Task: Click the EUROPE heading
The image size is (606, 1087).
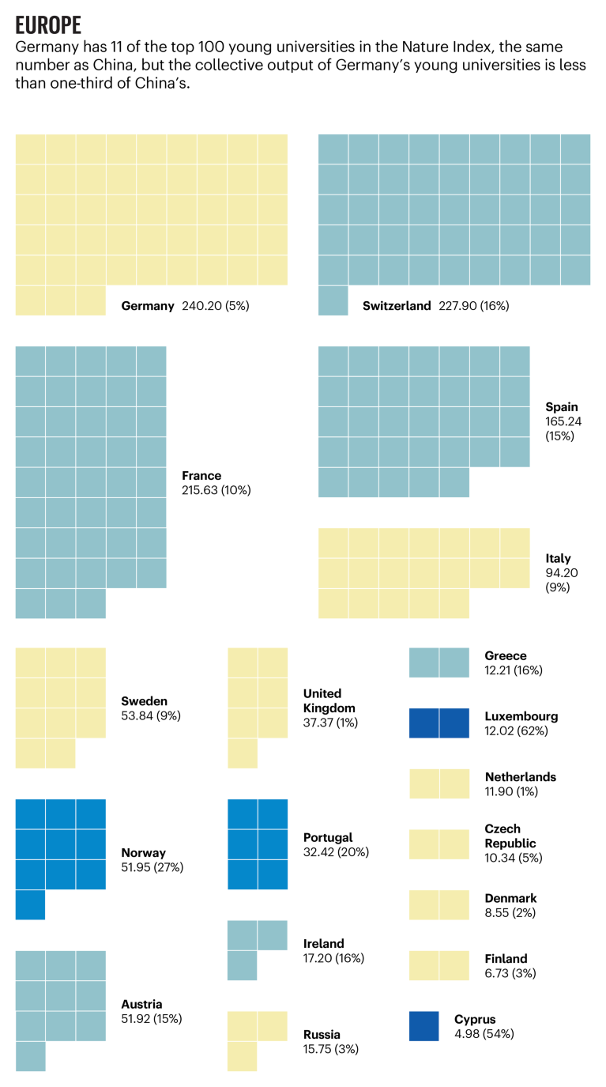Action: pyautogui.click(x=48, y=25)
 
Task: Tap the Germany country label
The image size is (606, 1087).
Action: pyautogui.click(x=148, y=306)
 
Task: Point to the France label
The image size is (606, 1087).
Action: pyautogui.click(x=201, y=476)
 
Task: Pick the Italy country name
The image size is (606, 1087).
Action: pyautogui.click(x=558, y=558)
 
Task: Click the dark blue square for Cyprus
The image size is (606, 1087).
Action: pyautogui.click(x=424, y=1026)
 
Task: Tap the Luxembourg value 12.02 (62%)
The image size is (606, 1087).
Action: pyautogui.click(x=517, y=731)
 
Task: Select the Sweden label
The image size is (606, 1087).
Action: pyautogui.click(x=144, y=701)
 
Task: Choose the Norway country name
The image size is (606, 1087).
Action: pyautogui.click(x=143, y=853)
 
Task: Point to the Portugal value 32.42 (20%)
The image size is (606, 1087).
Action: pyautogui.click(x=336, y=852)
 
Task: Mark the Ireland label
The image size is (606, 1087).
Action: pyautogui.click(x=324, y=944)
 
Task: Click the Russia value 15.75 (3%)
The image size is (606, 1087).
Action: pyautogui.click(x=332, y=1049)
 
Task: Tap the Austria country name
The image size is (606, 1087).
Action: pyautogui.click(x=141, y=1005)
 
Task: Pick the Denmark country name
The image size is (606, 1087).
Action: pyautogui.click(x=511, y=898)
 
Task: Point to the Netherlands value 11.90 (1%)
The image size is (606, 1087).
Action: pyautogui.click(x=515, y=791)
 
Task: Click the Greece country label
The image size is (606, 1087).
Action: pyautogui.click(x=506, y=655)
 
